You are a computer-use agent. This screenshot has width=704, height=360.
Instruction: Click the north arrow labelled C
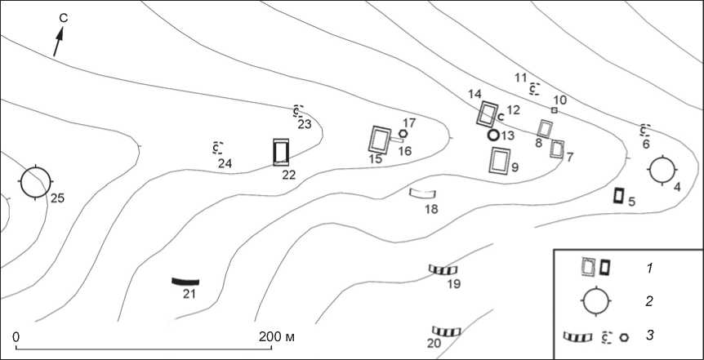[x=58, y=42]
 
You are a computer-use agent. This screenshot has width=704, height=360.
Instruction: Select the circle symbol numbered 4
[x=662, y=156]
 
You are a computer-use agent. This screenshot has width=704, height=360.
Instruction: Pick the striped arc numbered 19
[x=443, y=269]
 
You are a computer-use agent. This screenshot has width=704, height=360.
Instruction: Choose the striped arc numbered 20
[x=446, y=331]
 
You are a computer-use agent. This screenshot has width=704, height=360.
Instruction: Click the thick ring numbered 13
[x=493, y=129]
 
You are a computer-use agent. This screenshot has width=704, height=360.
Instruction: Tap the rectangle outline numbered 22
[x=274, y=153]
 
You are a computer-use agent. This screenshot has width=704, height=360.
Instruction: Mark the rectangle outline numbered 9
[x=491, y=161]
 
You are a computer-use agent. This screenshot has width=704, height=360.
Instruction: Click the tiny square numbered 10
[x=555, y=110]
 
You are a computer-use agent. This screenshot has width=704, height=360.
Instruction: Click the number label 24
[x=225, y=164]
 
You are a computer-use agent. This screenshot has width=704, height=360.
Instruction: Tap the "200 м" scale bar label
[x=277, y=336]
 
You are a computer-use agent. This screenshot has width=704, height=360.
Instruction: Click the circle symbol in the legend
[x=596, y=287]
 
